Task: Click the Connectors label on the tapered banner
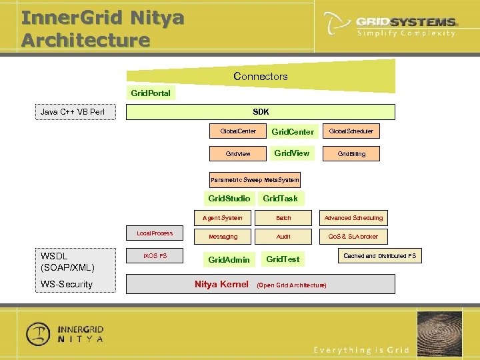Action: [x=261, y=77]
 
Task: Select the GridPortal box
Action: [x=151, y=93]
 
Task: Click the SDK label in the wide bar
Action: [x=261, y=112]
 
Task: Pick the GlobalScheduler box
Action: [x=351, y=131]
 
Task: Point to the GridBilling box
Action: [x=351, y=153]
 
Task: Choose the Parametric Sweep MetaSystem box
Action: [x=255, y=180]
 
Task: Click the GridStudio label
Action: [x=229, y=199]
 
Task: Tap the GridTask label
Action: [x=280, y=199]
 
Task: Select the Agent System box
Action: [x=223, y=218]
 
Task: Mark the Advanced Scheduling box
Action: [x=353, y=218]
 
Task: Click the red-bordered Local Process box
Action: [x=155, y=233]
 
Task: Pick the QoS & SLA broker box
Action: [x=353, y=237]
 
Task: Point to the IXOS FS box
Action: [x=155, y=256]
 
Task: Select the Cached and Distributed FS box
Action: [x=379, y=256]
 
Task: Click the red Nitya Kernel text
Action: [x=221, y=285]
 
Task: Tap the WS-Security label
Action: [x=67, y=285]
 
